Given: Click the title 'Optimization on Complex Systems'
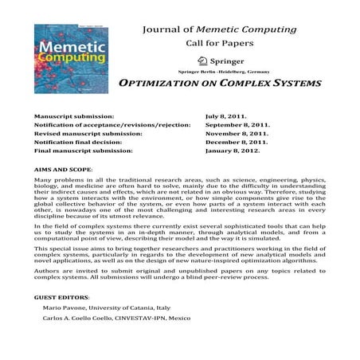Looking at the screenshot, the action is (219, 84).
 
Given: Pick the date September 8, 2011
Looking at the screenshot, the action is (237, 125).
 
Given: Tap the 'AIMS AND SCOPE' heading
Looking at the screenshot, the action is (63, 170).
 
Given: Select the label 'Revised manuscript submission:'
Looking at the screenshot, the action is (85, 134).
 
